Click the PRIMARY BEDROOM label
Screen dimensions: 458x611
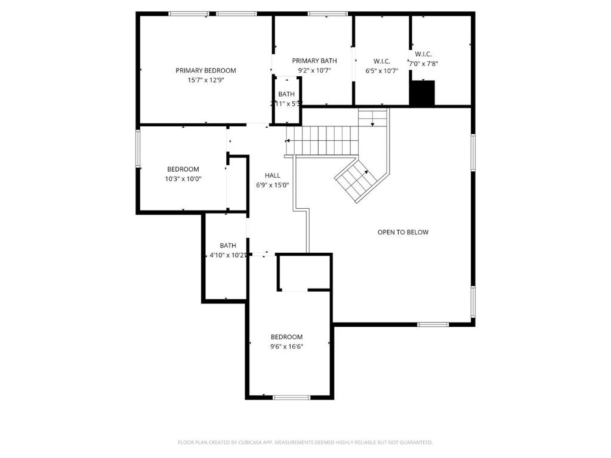(x=205, y=70)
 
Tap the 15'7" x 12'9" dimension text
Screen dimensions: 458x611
(x=205, y=80)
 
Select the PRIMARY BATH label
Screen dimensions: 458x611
(x=314, y=61)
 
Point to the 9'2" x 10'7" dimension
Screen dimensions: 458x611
(x=314, y=70)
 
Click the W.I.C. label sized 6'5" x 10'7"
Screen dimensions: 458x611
(x=382, y=61)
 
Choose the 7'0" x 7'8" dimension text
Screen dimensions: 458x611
(x=424, y=63)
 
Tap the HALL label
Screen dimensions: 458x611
(x=273, y=175)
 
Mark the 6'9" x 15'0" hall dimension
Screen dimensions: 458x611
(x=273, y=185)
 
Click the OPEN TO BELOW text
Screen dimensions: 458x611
(x=403, y=232)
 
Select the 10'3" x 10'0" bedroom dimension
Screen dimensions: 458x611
(x=183, y=178)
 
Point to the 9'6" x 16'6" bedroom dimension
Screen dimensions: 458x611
(x=286, y=346)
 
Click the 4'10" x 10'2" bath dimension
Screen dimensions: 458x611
(x=227, y=255)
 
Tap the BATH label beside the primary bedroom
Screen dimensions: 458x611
(x=286, y=94)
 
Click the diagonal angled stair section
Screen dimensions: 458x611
(x=356, y=179)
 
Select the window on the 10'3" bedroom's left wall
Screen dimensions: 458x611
(x=138, y=149)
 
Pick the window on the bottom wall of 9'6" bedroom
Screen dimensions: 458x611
(x=291, y=397)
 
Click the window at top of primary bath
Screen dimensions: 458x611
(x=328, y=14)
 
